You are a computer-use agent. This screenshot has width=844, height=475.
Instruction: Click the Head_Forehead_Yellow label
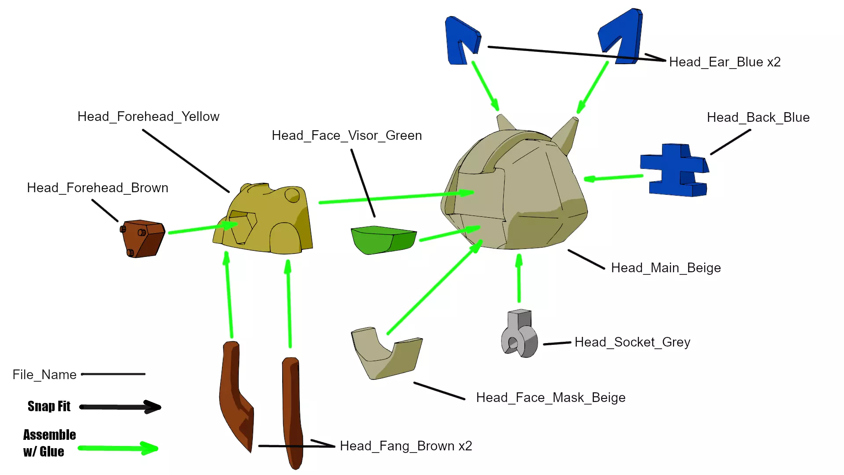point(148,117)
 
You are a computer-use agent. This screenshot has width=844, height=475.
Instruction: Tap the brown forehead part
point(143,238)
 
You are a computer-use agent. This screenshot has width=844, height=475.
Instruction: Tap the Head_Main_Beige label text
point(666,268)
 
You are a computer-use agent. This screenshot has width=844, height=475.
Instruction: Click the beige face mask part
point(385,354)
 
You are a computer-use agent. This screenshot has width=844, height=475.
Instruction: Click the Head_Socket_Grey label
point(632,342)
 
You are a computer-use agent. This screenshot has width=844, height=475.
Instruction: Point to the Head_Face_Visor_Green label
point(346,135)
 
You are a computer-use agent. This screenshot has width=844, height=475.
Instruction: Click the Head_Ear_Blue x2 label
point(724,62)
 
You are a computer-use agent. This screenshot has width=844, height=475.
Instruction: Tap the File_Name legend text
point(44,375)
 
